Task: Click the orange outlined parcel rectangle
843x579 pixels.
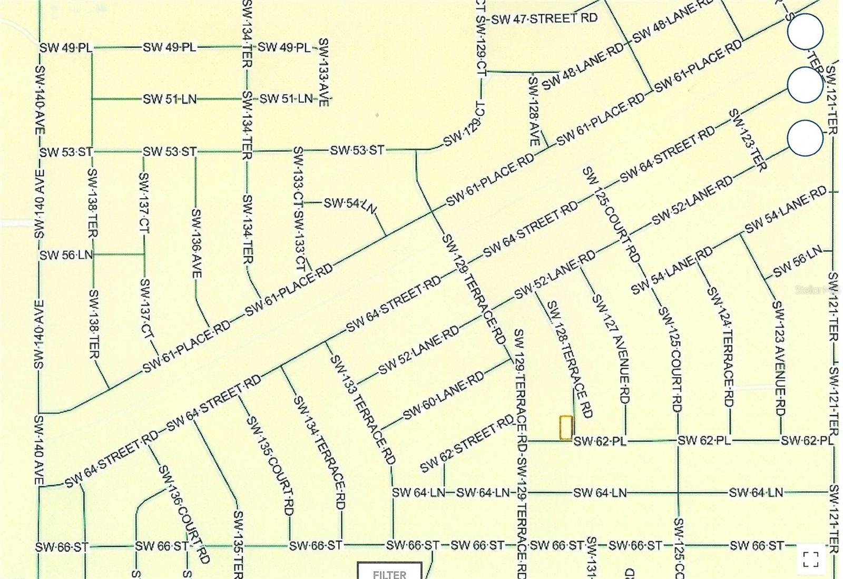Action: click(566, 427)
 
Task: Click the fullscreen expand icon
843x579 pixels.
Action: click(811, 559)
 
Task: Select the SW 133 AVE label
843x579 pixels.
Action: click(324, 72)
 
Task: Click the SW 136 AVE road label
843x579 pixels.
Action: click(196, 243)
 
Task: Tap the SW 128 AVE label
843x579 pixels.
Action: click(533, 111)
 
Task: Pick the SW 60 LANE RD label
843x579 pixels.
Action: click(444, 395)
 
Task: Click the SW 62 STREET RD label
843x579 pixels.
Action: click(467, 444)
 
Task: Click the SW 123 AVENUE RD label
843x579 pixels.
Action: click(779, 358)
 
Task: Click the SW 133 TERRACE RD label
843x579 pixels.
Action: click(362, 409)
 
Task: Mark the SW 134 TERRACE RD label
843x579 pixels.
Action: click(319, 452)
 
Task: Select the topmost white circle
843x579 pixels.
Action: click(805, 32)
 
